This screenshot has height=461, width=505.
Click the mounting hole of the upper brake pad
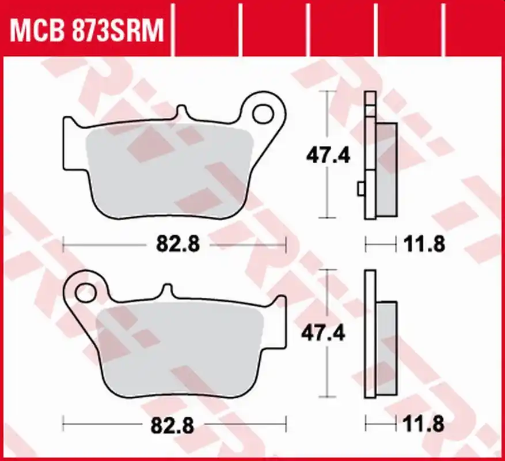(263, 114)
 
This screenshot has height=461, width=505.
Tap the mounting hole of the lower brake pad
(86, 293)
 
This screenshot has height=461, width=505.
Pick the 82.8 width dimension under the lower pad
(173, 426)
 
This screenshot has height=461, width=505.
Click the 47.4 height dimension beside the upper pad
(328, 156)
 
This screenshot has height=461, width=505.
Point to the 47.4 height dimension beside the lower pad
(323, 332)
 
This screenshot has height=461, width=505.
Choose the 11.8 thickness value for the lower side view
(423, 424)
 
